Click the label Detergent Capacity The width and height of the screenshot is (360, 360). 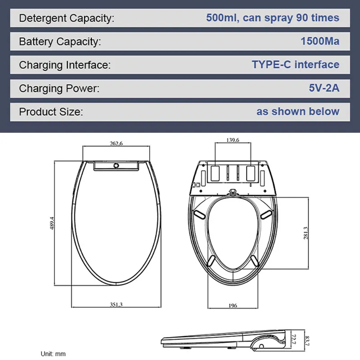coord(67,18)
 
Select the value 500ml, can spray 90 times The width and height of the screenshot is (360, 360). coord(272,18)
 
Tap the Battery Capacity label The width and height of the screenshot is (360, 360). coord(60,42)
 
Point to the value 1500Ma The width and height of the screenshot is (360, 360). coord(320,41)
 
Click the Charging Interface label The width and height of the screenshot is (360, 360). coord(64,65)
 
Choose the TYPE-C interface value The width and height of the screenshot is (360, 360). coord(295,64)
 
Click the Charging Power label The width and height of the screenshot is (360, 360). coord(59,89)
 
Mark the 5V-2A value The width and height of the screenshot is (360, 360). coord(324,88)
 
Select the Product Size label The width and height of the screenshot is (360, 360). coord(51,112)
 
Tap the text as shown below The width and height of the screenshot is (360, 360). coord(298,111)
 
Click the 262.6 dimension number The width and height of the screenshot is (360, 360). coord(116,144)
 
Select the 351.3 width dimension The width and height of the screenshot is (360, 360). coord(116,305)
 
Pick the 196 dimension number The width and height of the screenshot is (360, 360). coord(232,306)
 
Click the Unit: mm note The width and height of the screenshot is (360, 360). coord(53,354)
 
